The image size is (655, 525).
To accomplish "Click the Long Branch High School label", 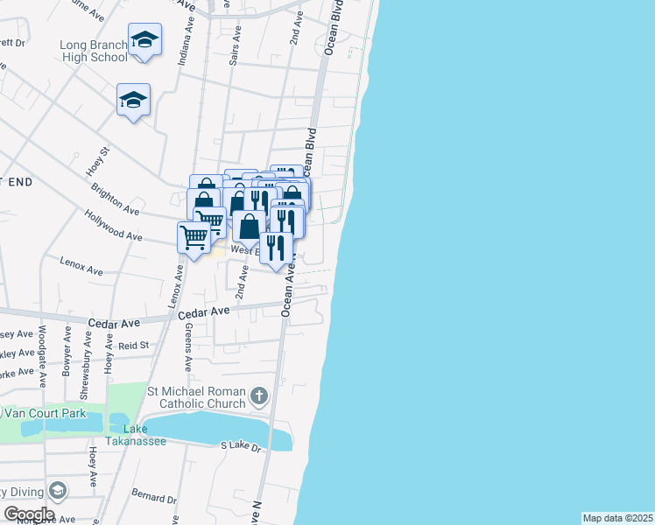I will (94, 51).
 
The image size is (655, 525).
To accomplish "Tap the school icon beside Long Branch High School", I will (144, 39).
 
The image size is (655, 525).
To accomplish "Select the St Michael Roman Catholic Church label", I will (198, 396).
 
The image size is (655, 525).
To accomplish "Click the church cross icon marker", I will (258, 396).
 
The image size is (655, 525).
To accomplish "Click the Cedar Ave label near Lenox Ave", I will (204, 311).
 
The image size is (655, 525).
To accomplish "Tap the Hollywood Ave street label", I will (113, 225).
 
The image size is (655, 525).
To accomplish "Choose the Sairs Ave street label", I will (234, 50).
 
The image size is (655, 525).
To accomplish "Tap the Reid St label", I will (134, 346).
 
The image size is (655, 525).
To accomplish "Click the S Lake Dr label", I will (241, 447).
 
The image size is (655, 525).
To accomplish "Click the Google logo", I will (29, 514).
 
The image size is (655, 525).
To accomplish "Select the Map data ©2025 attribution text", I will (617, 518).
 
